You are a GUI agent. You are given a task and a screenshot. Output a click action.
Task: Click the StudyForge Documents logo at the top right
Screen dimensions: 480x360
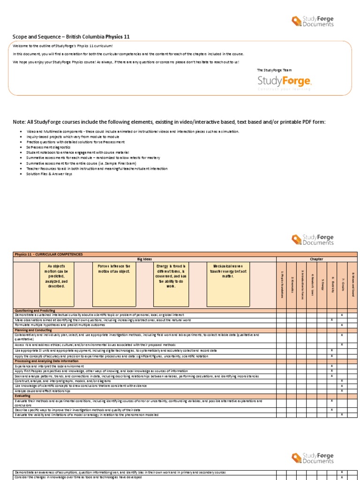[312, 21]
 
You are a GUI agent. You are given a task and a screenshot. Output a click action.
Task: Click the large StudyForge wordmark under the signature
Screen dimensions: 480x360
[284, 82]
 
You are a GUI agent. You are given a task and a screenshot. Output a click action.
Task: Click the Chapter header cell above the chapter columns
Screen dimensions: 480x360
[316, 259]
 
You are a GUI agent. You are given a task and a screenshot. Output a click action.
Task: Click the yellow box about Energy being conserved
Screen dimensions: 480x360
[171, 276]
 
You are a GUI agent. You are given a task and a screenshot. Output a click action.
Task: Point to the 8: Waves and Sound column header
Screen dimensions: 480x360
[352, 285]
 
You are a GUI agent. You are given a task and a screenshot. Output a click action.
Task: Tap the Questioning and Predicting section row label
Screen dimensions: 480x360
[35, 310]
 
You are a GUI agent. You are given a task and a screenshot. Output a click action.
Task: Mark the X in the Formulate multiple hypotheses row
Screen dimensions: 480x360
[342, 325]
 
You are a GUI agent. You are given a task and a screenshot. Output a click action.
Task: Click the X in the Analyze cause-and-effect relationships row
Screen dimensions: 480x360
[342, 390]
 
